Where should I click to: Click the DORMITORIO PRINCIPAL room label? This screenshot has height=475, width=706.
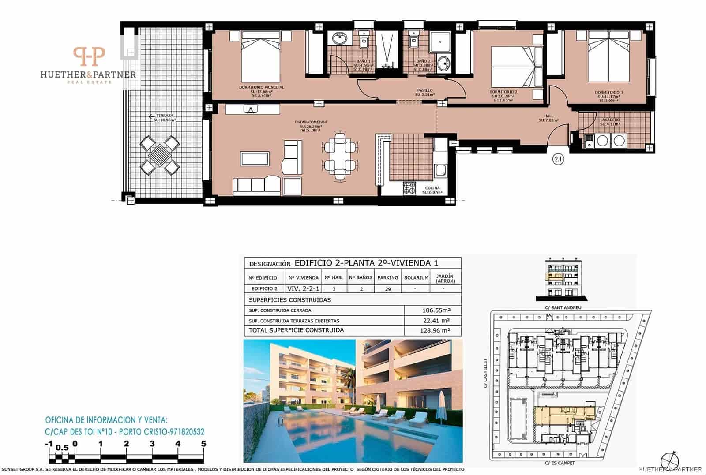261,87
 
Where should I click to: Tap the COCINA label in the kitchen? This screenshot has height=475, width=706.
432,188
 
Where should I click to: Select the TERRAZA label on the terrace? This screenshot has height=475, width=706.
165,116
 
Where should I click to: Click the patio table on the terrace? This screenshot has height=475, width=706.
160,155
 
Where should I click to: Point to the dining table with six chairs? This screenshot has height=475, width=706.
339,157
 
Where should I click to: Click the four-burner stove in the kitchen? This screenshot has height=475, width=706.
409,188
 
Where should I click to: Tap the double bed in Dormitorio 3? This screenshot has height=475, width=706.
608,59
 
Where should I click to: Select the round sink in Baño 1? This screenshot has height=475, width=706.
340,39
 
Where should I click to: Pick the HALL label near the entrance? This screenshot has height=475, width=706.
548,116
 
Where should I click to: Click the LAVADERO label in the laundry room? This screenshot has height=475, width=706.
610,120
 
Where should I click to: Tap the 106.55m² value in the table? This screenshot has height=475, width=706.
436,310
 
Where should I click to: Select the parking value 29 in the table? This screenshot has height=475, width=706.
388,289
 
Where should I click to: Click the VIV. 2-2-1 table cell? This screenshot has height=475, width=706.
304,289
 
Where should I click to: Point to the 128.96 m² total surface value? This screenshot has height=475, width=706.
435,330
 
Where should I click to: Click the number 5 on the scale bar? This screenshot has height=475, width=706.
203,444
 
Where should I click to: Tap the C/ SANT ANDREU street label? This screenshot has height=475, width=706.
563,307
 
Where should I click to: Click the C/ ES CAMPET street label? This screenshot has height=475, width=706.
560,463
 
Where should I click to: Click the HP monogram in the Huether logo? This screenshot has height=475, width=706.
89,57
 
